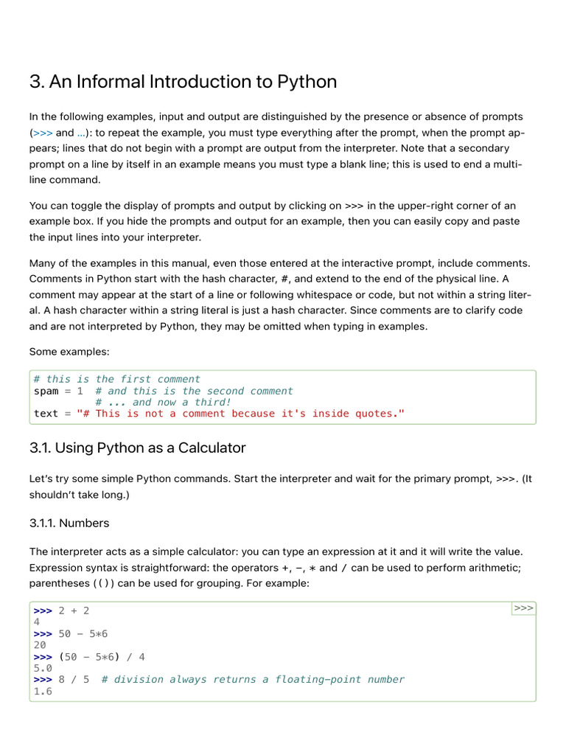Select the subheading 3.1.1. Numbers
click(69, 523)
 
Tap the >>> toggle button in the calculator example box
click(523, 608)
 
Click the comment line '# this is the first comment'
click(117, 379)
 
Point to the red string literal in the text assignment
click(241, 414)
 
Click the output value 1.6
click(43, 691)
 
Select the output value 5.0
click(43, 668)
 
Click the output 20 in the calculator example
click(40, 645)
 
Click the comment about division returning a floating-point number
click(253, 679)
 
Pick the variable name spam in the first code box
click(46, 391)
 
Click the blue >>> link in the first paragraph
click(43, 133)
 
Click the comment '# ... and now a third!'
click(163, 403)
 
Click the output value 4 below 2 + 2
click(37, 622)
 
